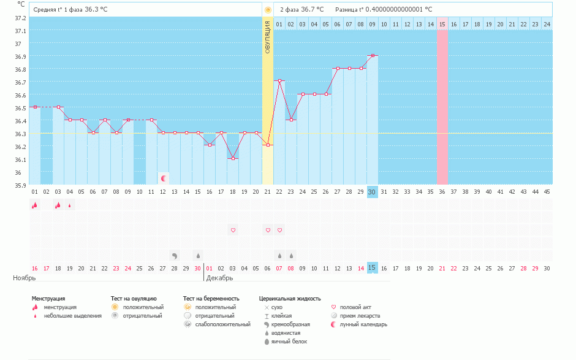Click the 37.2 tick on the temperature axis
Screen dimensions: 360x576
(x=21, y=18)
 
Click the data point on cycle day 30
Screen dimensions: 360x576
(x=372, y=55)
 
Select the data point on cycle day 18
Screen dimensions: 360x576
(x=233, y=158)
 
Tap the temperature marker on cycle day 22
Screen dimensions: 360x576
(x=279, y=81)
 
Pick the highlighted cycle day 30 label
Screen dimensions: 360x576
(x=372, y=192)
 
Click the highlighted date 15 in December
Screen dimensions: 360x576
(x=372, y=268)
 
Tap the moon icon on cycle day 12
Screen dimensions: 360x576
(x=164, y=178)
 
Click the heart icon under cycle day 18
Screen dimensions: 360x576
(x=233, y=230)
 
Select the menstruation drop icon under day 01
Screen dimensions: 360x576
(x=34, y=205)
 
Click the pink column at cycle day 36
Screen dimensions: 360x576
(x=442, y=107)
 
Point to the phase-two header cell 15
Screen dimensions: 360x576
(x=442, y=24)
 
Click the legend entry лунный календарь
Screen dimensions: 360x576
(x=367, y=324)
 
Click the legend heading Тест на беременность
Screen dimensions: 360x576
(x=211, y=299)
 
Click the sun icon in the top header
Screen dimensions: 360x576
(x=268, y=10)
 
